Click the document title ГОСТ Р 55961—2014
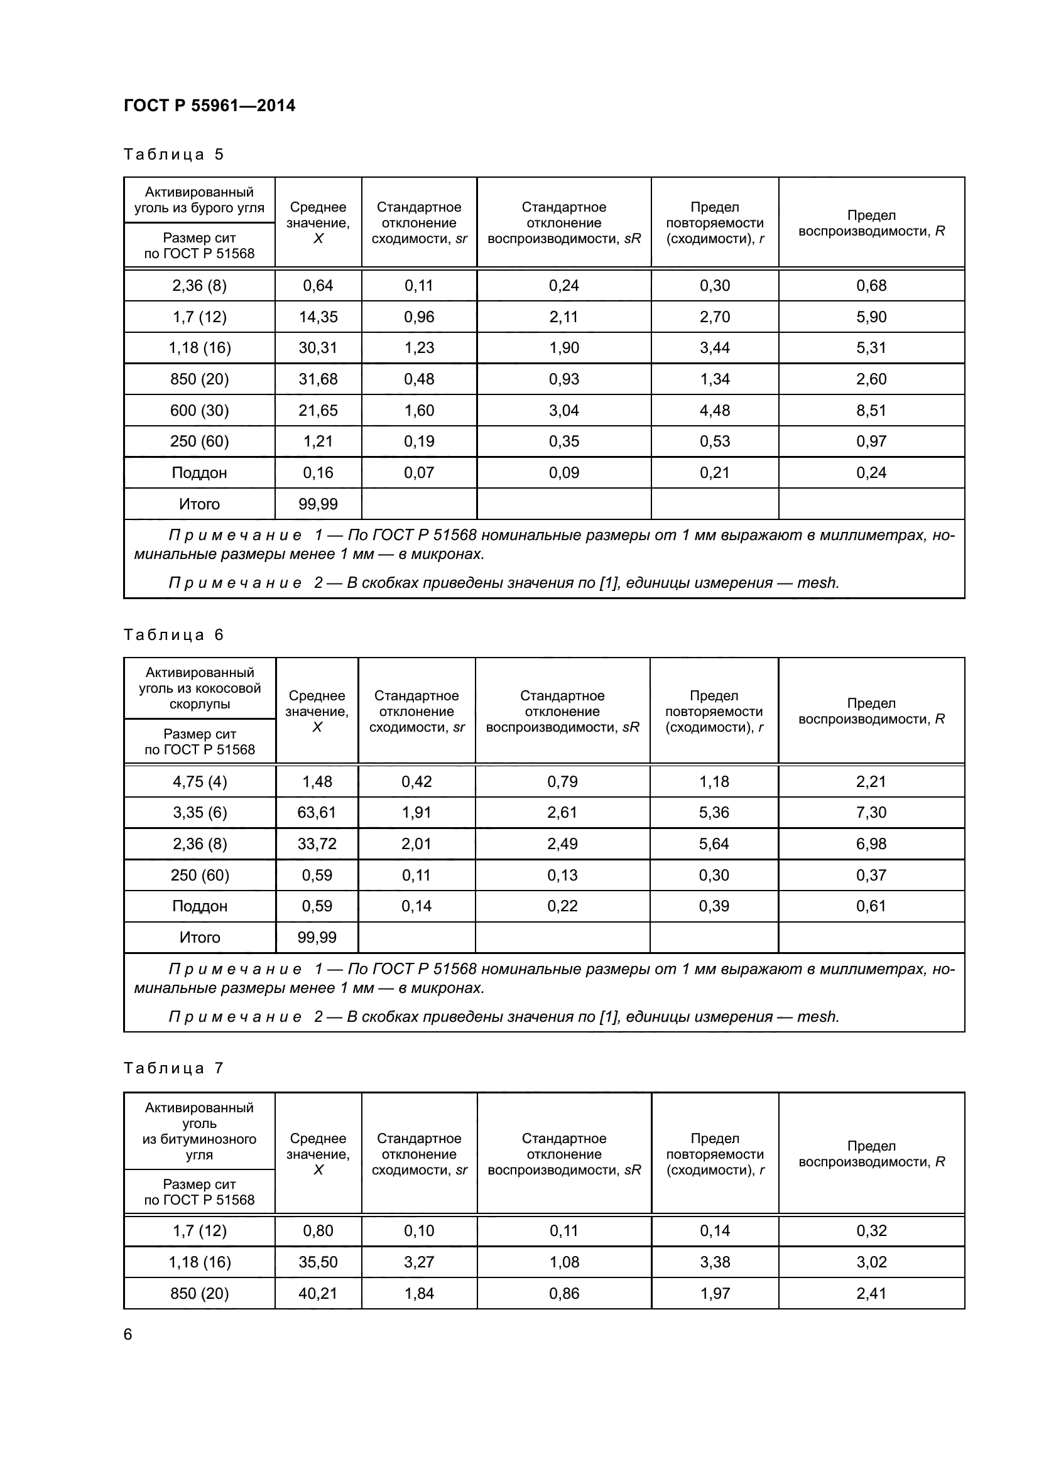point(209,106)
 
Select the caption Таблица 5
point(173,154)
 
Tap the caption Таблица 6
point(173,635)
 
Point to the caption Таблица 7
point(173,1068)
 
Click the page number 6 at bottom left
point(128,1334)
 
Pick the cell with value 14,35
point(318,317)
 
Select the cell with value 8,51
point(871,410)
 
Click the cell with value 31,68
point(318,379)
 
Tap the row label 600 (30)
point(199,410)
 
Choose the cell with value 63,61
point(317,812)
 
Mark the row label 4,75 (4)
point(200,781)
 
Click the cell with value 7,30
point(871,812)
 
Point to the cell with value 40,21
point(318,1293)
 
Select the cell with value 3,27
point(419,1262)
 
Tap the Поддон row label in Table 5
point(199,473)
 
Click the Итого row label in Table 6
point(200,937)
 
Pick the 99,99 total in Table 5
point(318,504)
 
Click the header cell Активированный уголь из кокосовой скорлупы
point(200,688)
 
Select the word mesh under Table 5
point(817,583)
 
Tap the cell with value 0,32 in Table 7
point(871,1230)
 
